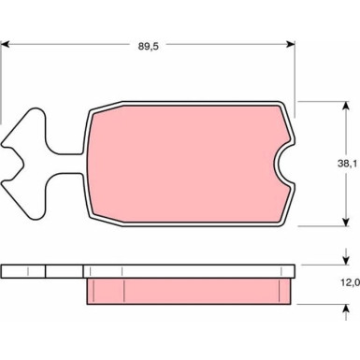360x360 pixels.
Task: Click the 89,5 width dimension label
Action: click(149, 47)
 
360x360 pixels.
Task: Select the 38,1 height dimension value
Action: click(347, 164)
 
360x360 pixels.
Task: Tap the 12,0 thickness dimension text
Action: click(351, 282)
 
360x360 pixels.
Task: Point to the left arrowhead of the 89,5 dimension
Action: click(7, 45)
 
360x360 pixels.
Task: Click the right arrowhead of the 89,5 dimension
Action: click(290, 45)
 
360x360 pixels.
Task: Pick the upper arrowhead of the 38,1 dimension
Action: click(345, 107)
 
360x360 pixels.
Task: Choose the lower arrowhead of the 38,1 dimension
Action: click(345, 222)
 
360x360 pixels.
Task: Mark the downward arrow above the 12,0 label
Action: click(345, 256)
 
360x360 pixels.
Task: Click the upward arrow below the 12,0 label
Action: click(345, 312)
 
